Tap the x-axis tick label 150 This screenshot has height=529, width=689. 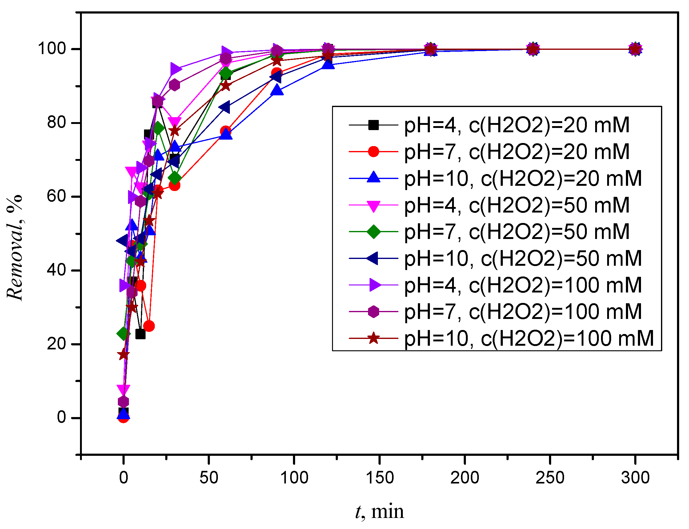click(379, 478)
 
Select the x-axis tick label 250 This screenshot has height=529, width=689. click(550, 478)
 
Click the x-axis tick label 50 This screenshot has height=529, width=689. click(209, 478)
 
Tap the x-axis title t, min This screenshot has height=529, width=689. click(379, 511)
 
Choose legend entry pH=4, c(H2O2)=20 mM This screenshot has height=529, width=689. click(517, 125)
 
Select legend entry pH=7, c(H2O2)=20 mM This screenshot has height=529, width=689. click(517, 151)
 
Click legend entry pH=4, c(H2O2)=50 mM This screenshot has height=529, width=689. click(517, 205)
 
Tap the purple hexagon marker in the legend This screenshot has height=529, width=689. click(373, 312)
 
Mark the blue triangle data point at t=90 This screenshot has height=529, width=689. click(277, 90)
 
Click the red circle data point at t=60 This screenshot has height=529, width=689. click(226, 131)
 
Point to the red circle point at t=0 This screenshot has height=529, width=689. click(123, 418)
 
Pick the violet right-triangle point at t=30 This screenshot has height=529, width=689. click(175, 69)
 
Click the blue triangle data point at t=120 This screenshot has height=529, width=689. click(328, 64)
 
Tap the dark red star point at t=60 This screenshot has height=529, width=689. click(226, 86)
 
